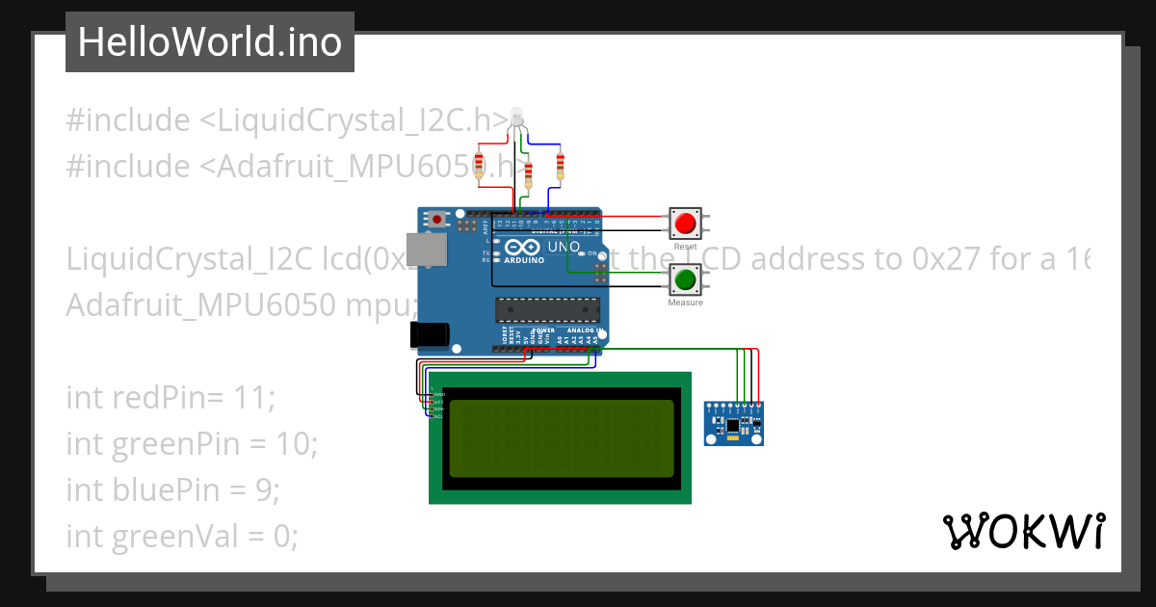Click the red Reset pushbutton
685,224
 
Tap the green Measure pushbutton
685,280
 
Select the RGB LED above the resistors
517,119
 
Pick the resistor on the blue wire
560,167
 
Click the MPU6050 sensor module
733,424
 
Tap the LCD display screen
562,438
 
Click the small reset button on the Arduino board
437,220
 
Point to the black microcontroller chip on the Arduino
547,309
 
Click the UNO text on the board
563,248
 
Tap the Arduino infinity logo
521,248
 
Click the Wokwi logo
1022,531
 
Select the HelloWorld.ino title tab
210,42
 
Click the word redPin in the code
153,397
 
